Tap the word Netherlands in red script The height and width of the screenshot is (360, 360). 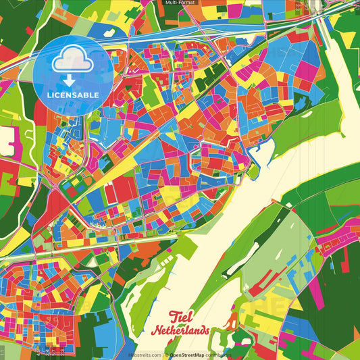180,331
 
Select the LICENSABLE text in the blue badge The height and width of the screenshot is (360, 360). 73,95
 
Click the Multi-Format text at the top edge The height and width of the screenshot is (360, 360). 179,3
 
